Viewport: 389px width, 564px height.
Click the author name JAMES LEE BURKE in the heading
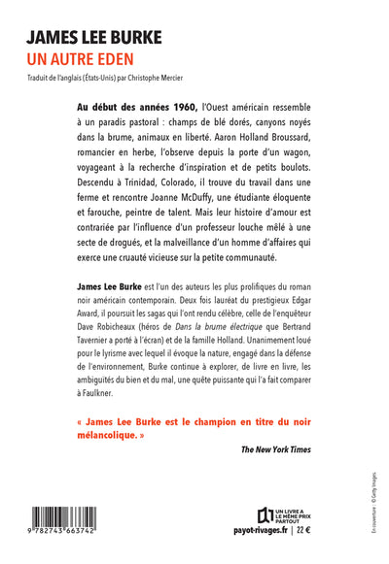94,37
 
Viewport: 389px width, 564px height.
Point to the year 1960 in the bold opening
180,106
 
